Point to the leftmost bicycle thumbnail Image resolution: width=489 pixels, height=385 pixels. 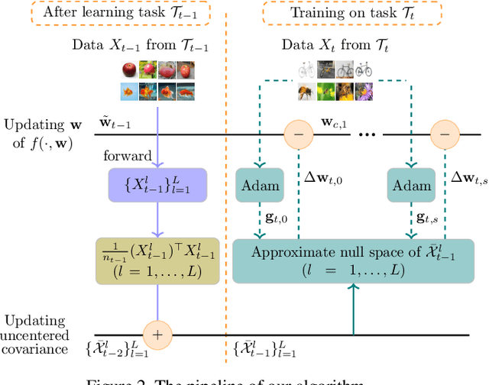pos(306,69)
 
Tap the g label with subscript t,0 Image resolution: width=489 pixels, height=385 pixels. pos(277,218)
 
